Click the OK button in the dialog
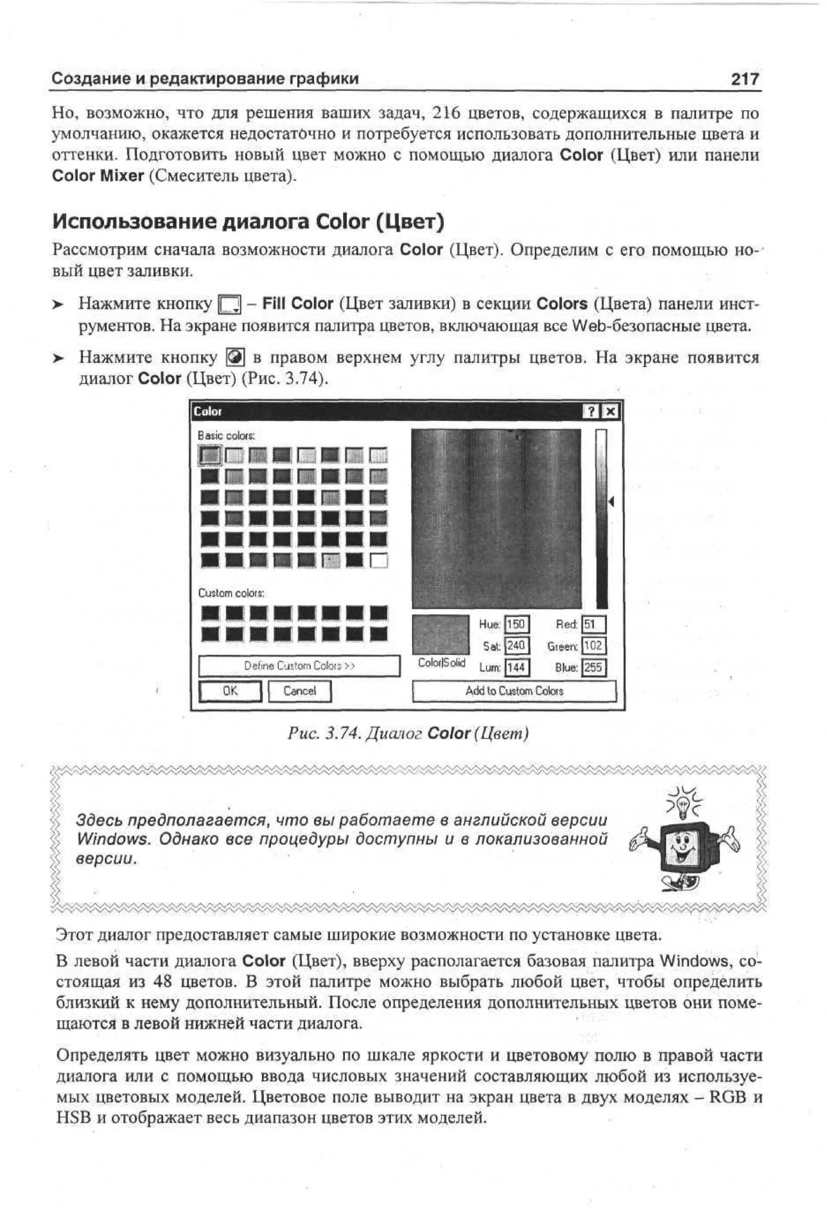click(x=230, y=691)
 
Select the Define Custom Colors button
click(x=299, y=666)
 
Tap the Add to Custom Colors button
click(x=514, y=691)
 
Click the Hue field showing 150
click(x=516, y=624)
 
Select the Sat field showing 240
click(x=516, y=646)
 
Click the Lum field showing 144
click(x=516, y=667)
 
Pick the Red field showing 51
click(x=593, y=624)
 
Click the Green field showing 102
click(x=593, y=646)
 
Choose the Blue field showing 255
click(x=593, y=667)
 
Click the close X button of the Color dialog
click(x=611, y=412)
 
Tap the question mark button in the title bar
click(x=592, y=412)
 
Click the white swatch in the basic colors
click(x=379, y=560)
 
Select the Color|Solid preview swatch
click(x=441, y=634)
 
